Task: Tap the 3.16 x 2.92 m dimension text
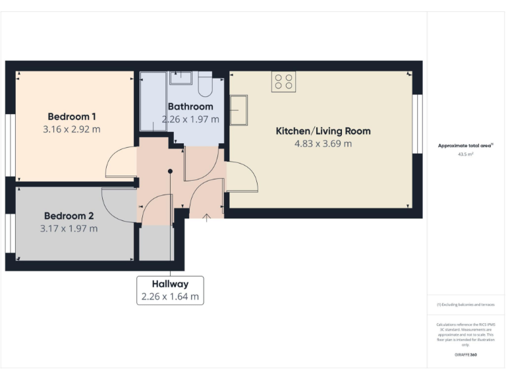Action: pos(71,129)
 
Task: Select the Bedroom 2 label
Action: pos(69,216)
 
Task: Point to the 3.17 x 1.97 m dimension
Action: pos(69,229)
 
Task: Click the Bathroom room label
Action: pos(190,106)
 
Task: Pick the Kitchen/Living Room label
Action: pos(323,131)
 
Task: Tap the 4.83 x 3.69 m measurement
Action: pos(323,144)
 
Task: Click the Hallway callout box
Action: pos(170,290)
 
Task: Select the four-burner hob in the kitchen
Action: pos(284,82)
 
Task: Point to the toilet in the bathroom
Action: pos(204,84)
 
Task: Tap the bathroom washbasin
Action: pos(180,79)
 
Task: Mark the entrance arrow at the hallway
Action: pos(207,216)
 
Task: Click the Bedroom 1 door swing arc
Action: pos(120,162)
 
